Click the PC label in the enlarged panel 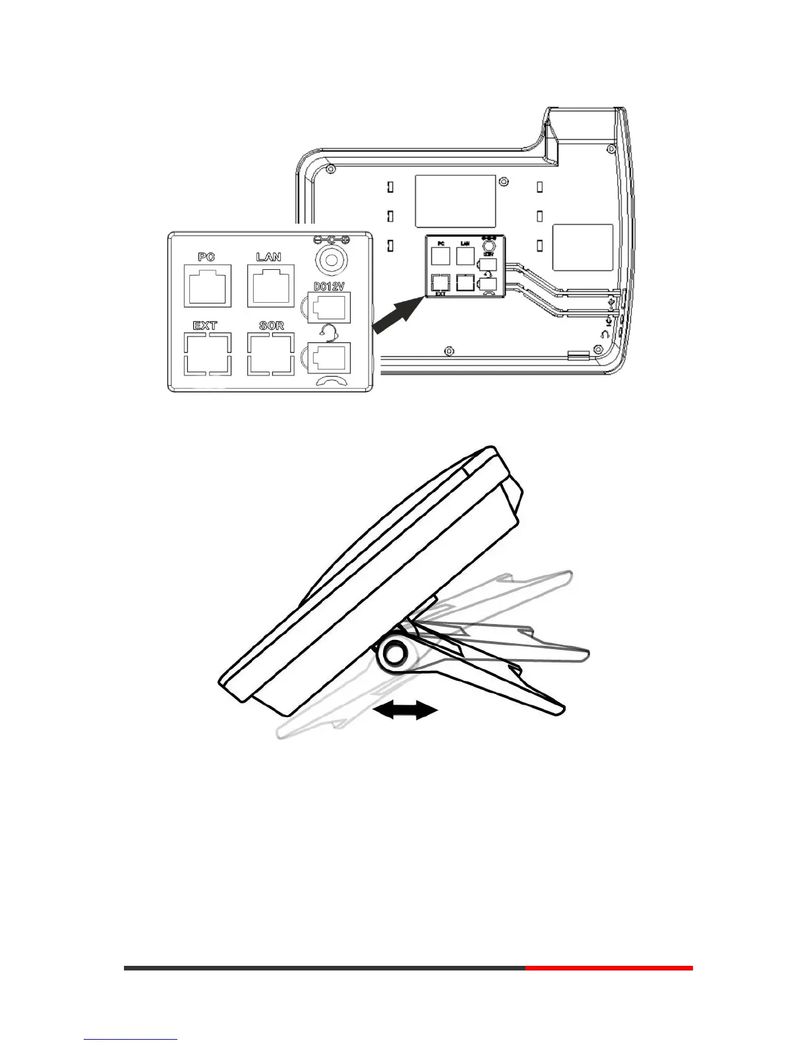206,257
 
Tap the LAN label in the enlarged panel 268,257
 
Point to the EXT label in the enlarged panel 205,325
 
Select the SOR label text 271,325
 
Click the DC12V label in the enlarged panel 328,286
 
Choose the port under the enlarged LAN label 270,285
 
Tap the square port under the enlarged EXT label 208,355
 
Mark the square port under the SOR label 270,355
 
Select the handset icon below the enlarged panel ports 329,381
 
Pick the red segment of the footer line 609,968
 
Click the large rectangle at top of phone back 455,201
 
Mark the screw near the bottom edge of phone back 448,350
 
